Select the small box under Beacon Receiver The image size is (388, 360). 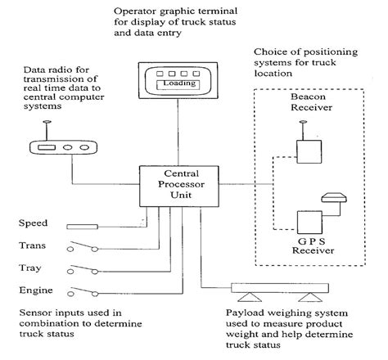309,152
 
